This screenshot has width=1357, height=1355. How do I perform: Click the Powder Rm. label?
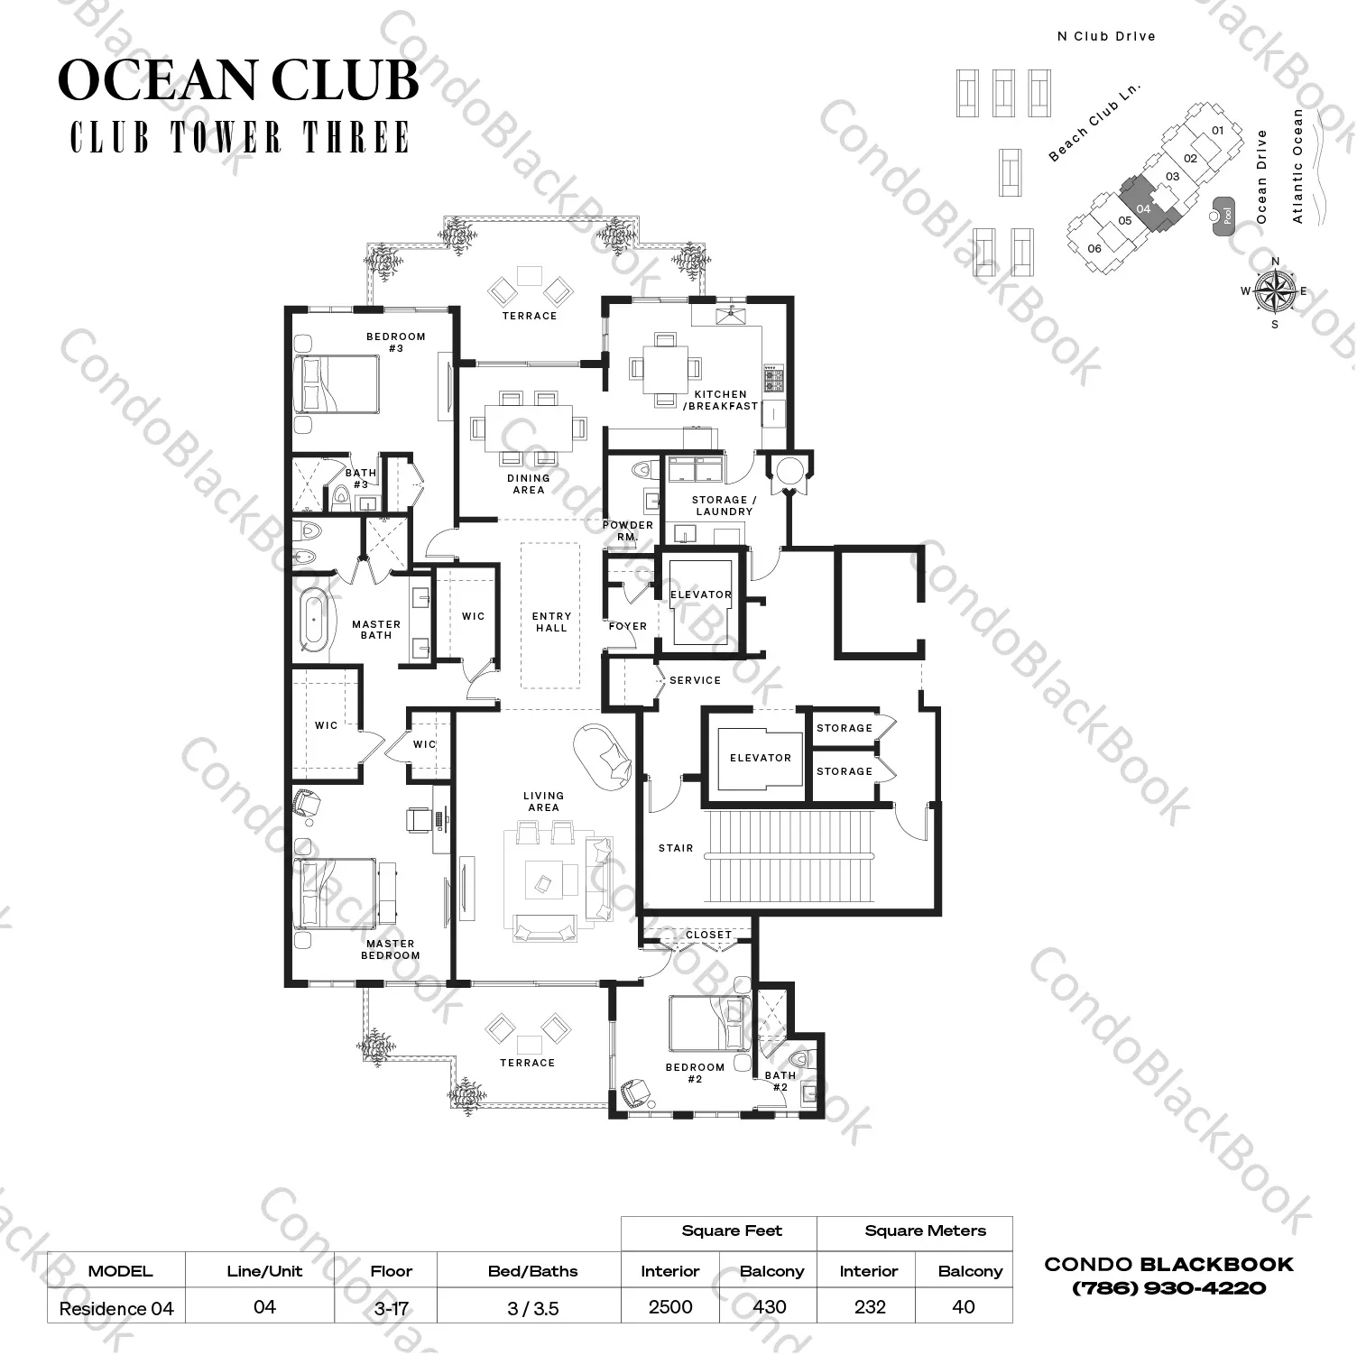pos(628,530)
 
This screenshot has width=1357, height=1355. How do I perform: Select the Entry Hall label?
pos(551,622)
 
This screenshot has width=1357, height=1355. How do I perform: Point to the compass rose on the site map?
pos(1275,291)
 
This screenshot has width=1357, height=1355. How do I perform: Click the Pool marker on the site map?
pos(1226,216)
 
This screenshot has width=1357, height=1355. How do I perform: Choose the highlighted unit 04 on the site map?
pos(1144,204)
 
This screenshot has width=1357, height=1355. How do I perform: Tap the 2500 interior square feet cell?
pos(670,1306)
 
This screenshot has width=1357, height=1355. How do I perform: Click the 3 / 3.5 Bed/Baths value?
pos(533,1307)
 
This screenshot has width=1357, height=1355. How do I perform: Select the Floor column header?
pos(391,1271)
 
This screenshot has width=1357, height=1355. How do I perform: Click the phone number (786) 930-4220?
pos(1168,1288)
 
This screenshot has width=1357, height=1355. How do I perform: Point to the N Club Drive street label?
pos(1106,36)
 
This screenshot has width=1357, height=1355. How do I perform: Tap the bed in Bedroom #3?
pos(337,384)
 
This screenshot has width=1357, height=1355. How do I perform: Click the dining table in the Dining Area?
pos(528,424)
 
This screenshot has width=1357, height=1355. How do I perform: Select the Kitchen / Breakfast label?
pos(720,400)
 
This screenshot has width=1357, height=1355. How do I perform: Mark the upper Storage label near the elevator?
pos(844,728)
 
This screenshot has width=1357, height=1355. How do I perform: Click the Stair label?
pos(676,848)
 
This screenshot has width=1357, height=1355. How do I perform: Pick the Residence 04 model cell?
pos(116,1307)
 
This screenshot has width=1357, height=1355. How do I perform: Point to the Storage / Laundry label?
pos(724,505)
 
